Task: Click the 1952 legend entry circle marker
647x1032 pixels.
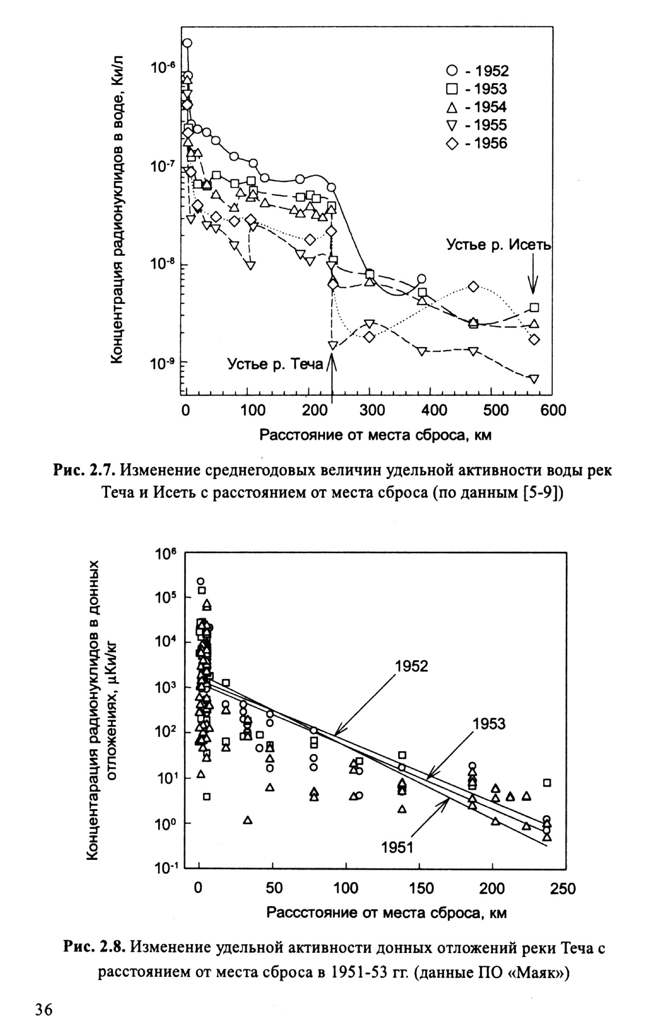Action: (452, 71)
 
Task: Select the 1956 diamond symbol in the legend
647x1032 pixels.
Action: (452, 143)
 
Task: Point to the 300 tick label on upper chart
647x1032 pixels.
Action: (372, 410)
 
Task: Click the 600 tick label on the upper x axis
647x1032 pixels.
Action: (553, 410)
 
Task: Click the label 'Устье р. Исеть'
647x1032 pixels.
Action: (499, 244)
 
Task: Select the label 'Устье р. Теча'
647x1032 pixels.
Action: (275, 364)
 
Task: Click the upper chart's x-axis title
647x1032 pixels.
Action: (376, 435)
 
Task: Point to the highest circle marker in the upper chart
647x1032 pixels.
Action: (187, 43)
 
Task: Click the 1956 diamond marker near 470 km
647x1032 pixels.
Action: (473, 287)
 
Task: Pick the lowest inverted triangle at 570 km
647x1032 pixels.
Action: (534, 379)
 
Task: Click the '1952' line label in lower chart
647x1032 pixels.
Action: (411, 666)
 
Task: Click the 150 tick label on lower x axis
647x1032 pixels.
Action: (421, 889)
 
